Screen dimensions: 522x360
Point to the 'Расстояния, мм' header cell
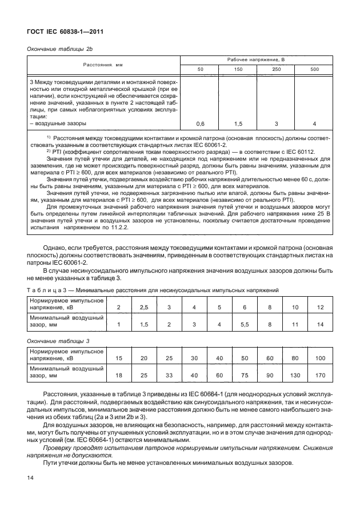(103, 65)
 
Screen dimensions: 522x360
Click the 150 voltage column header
(238, 69)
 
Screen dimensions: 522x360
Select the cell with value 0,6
(200, 123)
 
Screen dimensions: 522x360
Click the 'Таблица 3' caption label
(48, 290)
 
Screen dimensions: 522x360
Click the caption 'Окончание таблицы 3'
(57, 341)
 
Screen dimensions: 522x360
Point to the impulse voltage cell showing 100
(319, 358)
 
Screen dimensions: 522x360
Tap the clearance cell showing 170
(319, 375)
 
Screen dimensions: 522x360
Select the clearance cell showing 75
(244, 375)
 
